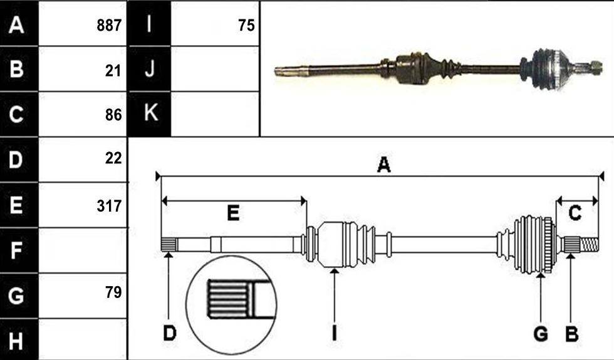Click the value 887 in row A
point(109,26)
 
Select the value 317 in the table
point(109,206)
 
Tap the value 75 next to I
point(246,26)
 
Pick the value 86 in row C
point(113,115)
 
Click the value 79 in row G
point(113,292)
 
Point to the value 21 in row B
point(113,71)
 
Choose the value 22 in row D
point(113,158)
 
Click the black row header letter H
point(16,341)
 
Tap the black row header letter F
point(16,250)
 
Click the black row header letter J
point(150,68)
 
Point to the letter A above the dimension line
point(383,165)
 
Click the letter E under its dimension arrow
point(233,213)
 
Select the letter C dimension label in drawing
point(575,213)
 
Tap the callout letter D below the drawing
point(170,334)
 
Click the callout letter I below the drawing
point(334,334)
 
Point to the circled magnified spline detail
point(231,306)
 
